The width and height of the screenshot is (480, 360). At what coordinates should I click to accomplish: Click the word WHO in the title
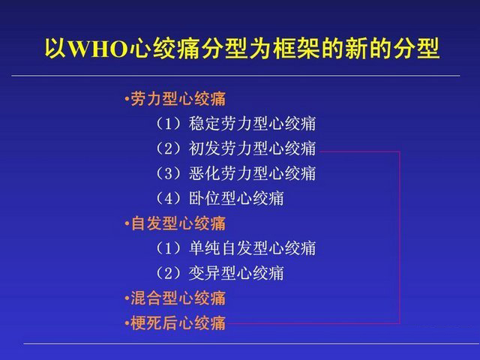pyautogui.click(x=98, y=49)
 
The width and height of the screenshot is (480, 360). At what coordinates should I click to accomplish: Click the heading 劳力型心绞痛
pyautogui.click(x=178, y=99)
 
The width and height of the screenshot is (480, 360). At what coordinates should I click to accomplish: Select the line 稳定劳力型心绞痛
pyautogui.click(x=252, y=124)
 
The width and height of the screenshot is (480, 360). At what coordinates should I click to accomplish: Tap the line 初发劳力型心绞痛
pyautogui.click(x=252, y=148)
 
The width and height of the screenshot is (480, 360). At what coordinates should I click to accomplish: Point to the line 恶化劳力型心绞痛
pyautogui.click(x=252, y=173)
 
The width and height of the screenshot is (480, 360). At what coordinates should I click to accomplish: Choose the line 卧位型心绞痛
pyautogui.click(x=236, y=198)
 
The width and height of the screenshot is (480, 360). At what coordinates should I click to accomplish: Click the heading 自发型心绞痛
pyautogui.click(x=178, y=223)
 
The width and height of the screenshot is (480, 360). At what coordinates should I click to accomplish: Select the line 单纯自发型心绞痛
pyautogui.click(x=252, y=248)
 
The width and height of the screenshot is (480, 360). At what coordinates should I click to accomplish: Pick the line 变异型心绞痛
pyautogui.click(x=236, y=273)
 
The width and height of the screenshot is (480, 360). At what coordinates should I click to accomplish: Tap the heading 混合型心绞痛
pyautogui.click(x=178, y=298)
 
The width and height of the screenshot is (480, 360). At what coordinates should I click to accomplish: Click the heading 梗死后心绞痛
pyautogui.click(x=178, y=323)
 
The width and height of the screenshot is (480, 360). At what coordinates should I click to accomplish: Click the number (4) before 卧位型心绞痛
pyautogui.click(x=169, y=198)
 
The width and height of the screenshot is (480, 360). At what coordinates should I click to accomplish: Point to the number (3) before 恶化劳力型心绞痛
pyautogui.click(x=169, y=173)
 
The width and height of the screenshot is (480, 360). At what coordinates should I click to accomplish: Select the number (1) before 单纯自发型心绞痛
pyautogui.click(x=169, y=248)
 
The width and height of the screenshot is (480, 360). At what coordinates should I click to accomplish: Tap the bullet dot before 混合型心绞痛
pyautogui.click(x=127, y=298)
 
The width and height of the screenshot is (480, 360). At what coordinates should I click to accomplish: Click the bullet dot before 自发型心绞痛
pyautogui.click(x=127, y=223)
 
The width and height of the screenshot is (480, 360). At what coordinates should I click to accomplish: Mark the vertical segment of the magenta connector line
pyautogui.click(x=400, y=237)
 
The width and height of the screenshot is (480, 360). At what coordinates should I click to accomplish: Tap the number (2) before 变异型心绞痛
pyautogui.click(x=169, y=273)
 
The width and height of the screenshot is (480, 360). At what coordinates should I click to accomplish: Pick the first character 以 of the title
pyautogui.click(x=56, y=49)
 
